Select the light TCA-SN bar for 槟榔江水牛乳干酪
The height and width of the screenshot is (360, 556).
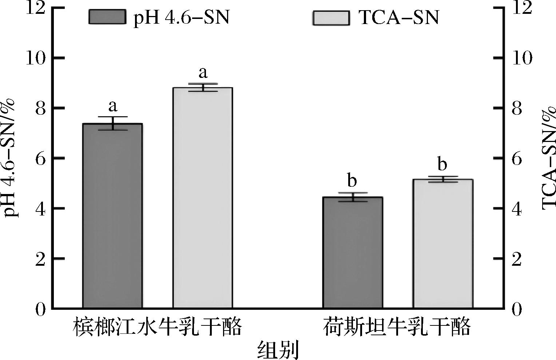203,198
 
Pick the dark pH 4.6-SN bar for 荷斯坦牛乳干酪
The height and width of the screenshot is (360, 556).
353,253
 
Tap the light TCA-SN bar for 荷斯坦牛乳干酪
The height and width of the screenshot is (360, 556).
442,244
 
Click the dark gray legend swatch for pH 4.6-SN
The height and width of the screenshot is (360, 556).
107,17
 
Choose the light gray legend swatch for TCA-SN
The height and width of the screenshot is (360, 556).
331,17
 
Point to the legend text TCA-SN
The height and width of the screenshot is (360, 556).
399,17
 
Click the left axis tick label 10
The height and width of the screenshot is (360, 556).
36,59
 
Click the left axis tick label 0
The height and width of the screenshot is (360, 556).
40,309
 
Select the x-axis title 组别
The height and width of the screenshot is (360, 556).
278,350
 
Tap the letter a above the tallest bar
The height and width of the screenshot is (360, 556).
203,72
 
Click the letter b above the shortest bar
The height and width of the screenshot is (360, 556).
352,181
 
